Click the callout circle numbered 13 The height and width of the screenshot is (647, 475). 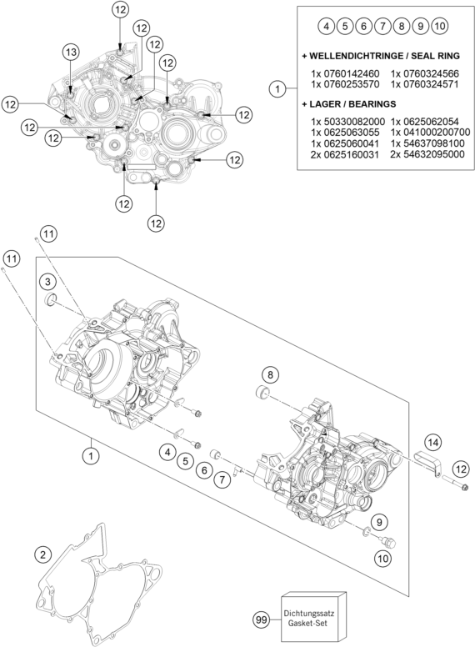pyautogui.click(x=72, y=52)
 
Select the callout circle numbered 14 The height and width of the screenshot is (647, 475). pyautogui.click(x=432, y=443)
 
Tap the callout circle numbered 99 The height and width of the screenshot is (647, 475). pyautogui.click(x=262, y=619)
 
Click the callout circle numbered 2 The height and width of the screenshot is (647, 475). pyautogui.click(x=43, y=554)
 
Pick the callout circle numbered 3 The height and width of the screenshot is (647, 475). pyautogui.click(x=47, y=282)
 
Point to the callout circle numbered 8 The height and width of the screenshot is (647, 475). pyautogui.click(x=270, y=374)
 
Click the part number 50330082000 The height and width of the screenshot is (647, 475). pyautogui.click(x=347, y=122)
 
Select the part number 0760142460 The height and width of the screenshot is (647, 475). pyautogui.click(x=351, y=74)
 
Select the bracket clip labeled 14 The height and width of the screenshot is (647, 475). pyautogui.click(x=427, y=461)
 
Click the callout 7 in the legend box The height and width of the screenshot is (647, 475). pyautogui.click(x=382, y=27)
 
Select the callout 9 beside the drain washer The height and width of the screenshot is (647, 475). pyautogui.click(x=379, y=522)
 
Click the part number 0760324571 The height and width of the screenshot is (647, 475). pyautogui.click(x=431, y=84)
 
